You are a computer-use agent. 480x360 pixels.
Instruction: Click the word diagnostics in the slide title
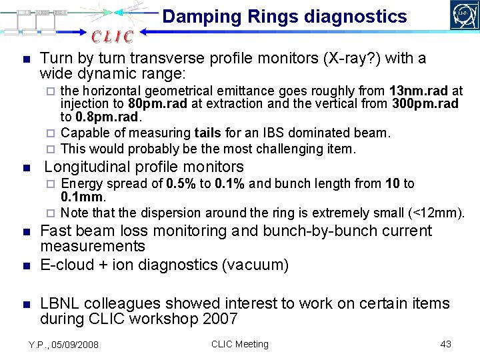coord(359,17)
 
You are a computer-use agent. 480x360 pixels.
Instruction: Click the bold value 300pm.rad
coord(425,103)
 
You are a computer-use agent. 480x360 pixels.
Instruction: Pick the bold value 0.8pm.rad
coord(100,117)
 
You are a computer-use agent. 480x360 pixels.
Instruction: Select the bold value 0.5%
coord(181,183)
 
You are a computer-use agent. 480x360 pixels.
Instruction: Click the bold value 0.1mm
coord(83,197)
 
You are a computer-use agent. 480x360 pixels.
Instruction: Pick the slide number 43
coord(446,344)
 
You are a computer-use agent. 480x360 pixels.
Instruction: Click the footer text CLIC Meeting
coord(239,344)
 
